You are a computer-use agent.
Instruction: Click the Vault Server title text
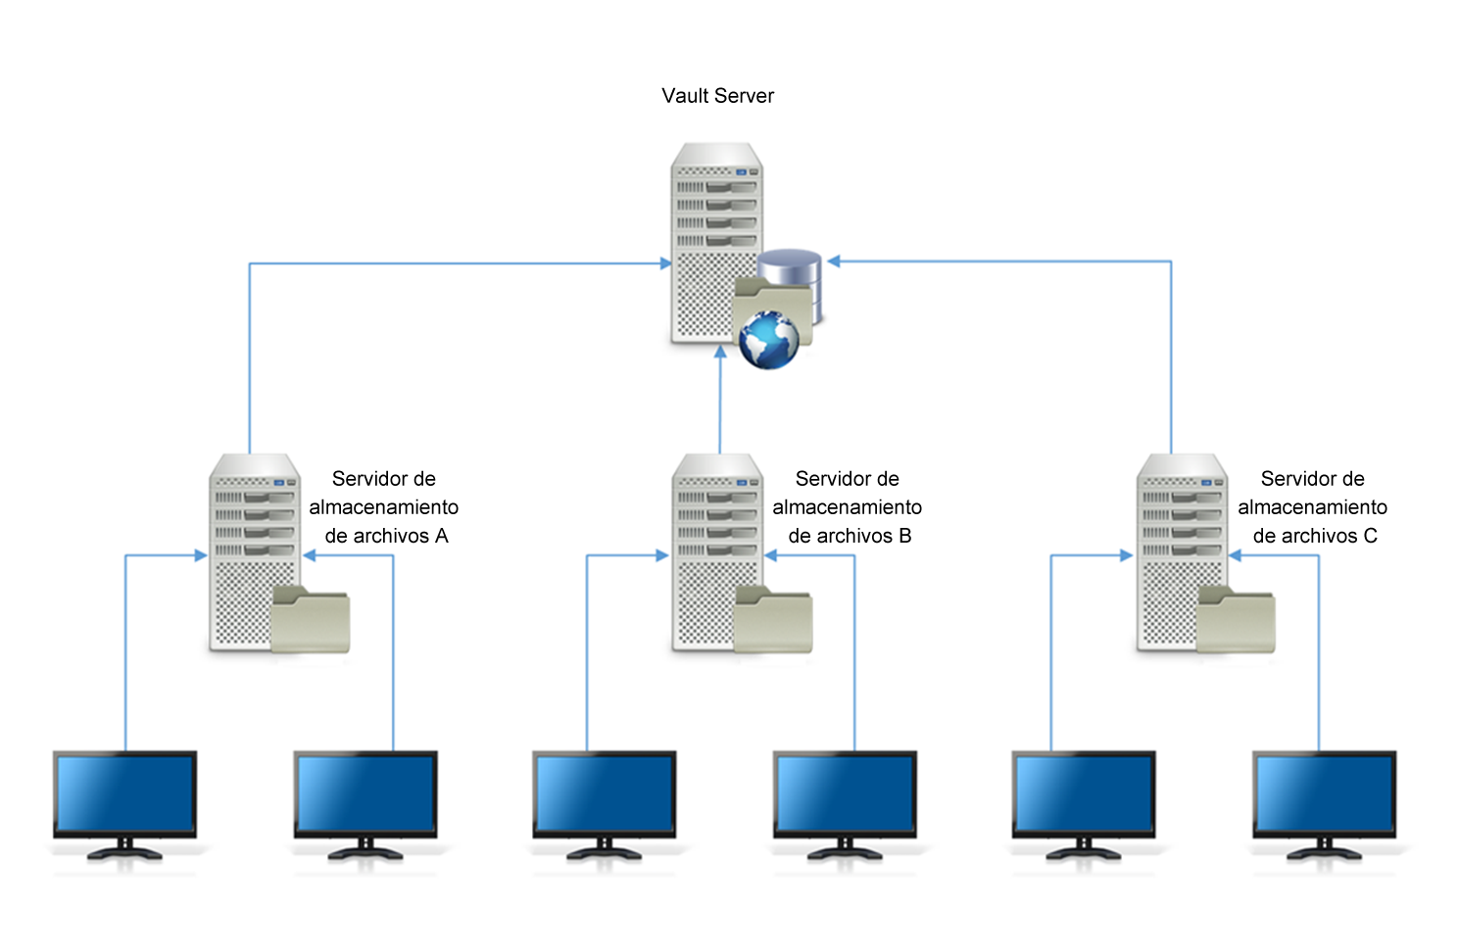[x=717, y=96]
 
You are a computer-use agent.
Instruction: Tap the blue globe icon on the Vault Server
[x=769, y=340]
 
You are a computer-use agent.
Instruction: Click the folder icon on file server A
[x=311, y=619]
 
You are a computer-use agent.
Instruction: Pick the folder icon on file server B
[x=773, y=619]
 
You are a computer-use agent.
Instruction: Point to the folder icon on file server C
[x=1237, y=619]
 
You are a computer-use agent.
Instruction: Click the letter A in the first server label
[x=441, y=536]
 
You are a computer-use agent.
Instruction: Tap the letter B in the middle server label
[x=904, y=536]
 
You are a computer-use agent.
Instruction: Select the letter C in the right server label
[x=1370, y=536]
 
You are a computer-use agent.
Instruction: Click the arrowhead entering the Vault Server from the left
[x=666, y=263]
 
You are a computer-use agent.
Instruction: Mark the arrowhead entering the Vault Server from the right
[x=834, y=262]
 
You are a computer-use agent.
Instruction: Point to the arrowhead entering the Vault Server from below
[x=720, y=352]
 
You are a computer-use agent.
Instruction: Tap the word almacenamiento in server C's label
[x=1312, y=507]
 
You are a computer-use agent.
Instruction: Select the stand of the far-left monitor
[x=124, y=850]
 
